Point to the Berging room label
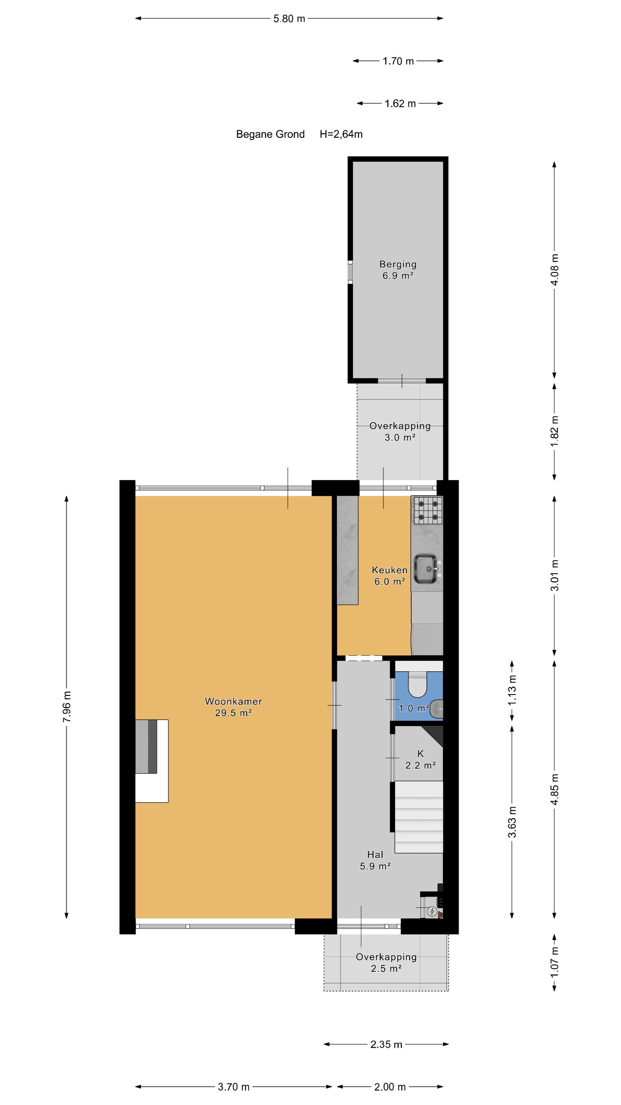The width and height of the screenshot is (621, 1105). click(x=398, y=270)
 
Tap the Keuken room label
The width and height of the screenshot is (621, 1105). click(x=390, y=576)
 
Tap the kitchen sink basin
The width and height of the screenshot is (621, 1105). click(x=425, y=568)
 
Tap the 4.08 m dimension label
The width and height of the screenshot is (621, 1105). click(x=555, y=270)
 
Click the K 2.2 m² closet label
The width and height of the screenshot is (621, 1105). click(x=420, y=759)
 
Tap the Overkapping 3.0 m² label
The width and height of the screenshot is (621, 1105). click(x=400, y=432)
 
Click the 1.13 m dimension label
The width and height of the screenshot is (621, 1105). click(x=512, y=690)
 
